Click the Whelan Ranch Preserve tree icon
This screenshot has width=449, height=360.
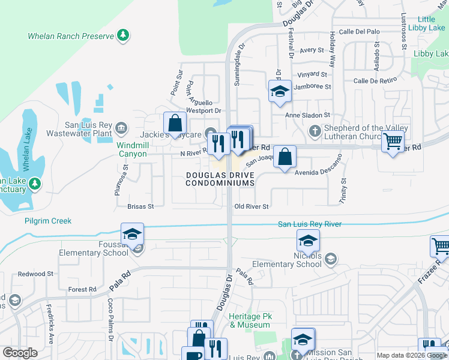123,35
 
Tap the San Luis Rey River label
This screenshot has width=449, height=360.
309,224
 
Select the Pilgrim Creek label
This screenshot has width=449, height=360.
48,221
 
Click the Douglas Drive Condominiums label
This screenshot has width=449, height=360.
220,179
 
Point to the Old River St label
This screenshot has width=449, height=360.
251,206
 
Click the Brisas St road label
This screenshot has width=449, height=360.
140,206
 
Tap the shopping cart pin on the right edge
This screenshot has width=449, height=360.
393,142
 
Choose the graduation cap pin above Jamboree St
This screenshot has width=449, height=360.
280,91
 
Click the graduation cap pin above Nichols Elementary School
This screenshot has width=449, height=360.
308,241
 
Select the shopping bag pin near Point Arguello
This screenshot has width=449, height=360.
174,124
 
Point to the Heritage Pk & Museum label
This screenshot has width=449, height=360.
250,320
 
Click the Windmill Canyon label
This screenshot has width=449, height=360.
131,149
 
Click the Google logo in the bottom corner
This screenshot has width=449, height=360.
20,352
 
